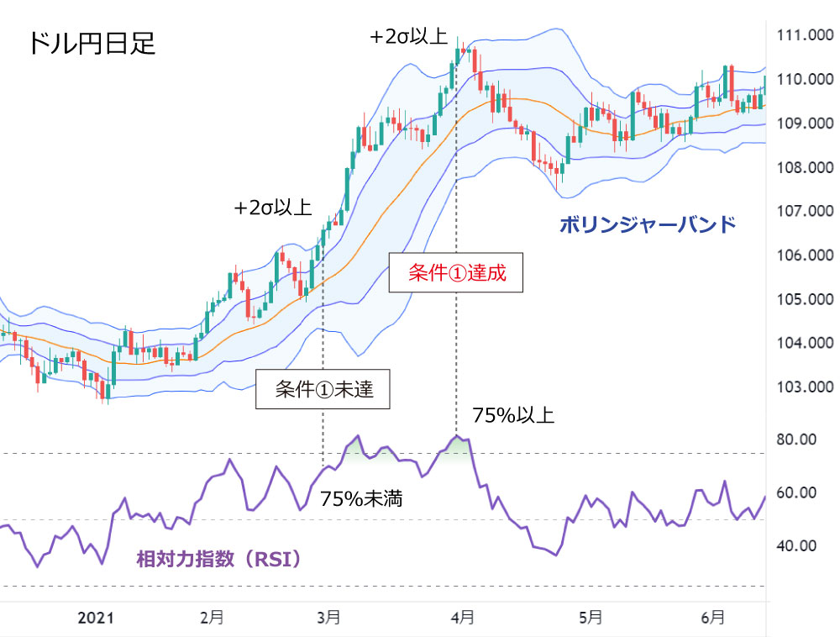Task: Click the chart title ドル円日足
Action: (92, 43)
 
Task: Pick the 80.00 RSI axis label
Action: (795, 440)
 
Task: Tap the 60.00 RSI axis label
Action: (795, 492)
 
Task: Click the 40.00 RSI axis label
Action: (795, 545)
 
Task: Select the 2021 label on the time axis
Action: (96, 618)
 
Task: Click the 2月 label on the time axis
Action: (212, 618)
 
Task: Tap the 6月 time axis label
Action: (712, 618)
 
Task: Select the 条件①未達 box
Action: (323, 389)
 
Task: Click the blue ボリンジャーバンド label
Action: (647, 225)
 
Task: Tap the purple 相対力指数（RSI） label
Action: (218, 558)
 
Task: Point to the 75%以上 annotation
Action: (512, 415)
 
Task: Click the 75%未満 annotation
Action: (361, 499)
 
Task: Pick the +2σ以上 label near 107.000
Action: (273, 208)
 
